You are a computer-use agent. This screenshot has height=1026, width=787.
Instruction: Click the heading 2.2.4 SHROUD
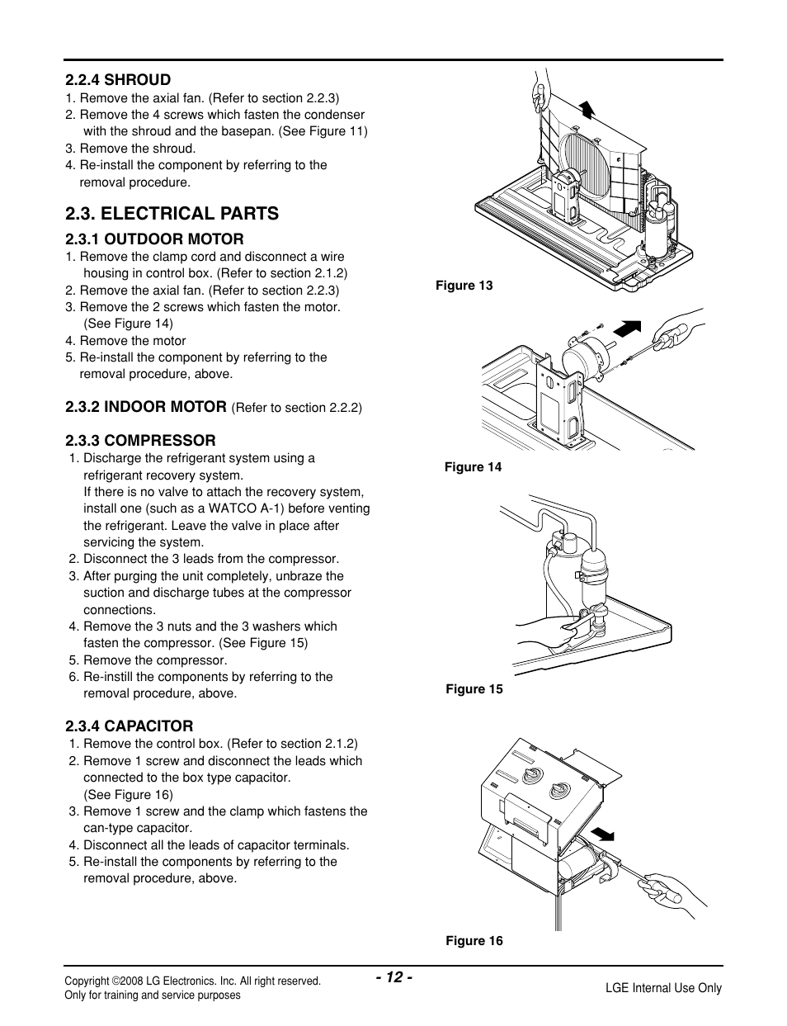tap(118, 80)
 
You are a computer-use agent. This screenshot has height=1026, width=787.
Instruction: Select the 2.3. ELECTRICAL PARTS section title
tap(172, 213)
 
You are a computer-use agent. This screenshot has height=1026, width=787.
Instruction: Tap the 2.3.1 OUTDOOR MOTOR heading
tap(154, 239)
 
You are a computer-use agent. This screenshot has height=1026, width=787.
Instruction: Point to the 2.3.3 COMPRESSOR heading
tap(140, 440)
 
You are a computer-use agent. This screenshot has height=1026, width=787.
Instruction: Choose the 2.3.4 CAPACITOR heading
tap(130, 726)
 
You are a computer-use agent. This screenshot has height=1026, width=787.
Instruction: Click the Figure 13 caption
tap(464, 286)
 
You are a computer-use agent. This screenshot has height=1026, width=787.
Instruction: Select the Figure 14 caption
tap(473, 467)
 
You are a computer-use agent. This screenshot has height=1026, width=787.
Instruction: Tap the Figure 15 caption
tap(474, 689)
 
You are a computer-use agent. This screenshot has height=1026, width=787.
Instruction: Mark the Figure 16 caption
tap(474, 941)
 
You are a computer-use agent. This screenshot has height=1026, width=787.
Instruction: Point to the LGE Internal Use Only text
tap(663, 988)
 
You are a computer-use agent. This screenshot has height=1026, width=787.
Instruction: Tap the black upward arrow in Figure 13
tap(587, 108)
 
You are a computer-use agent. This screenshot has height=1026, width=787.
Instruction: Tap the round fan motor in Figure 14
tap(582, 362)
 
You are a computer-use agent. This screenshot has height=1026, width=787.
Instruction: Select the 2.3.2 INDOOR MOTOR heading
tap(146, 406)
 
